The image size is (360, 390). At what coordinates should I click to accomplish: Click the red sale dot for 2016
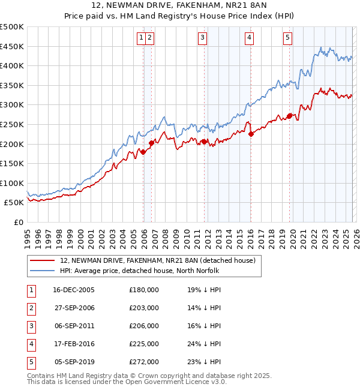[x=251, y=134]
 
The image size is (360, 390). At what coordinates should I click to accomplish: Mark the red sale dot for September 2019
[x=289, y=116]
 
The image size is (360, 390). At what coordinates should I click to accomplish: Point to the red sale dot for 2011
[x=204, y=142]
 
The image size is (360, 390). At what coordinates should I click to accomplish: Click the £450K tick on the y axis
[x=12, y=46]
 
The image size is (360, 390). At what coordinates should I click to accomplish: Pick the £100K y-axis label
[x=12, y=183]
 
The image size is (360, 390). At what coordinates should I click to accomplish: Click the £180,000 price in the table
[x=143, y=290]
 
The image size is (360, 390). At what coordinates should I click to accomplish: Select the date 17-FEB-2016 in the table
[x=74, y=344]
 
